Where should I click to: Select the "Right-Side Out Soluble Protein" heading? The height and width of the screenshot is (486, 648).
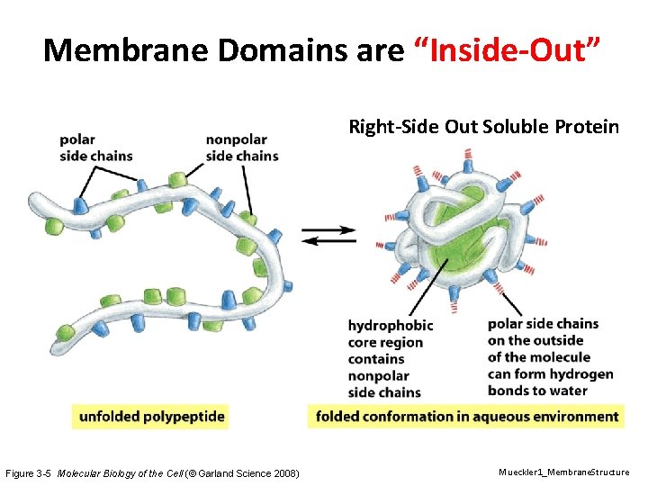(x=483, y=126)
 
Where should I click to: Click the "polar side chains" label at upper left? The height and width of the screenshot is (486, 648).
(x=95, y=148)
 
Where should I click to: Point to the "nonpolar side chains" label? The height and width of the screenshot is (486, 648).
(x=242, y=148)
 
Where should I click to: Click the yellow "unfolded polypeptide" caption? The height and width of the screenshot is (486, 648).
(x=151, y=417)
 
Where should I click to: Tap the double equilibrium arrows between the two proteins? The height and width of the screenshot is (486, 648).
(x=328, y=235)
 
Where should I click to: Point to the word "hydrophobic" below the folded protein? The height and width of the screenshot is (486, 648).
(x=391, y=325)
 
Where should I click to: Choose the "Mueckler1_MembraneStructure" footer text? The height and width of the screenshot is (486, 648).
(x=564, y=472)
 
